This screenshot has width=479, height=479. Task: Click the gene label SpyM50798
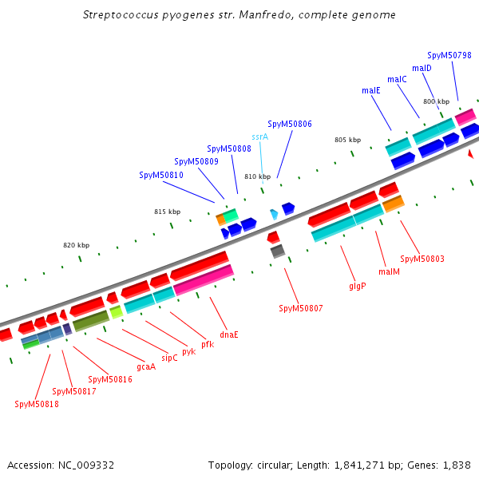click(x=449, y=56)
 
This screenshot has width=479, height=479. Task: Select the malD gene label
click(x=422, y=68)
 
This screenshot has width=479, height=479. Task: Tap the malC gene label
click(x=397, y=79)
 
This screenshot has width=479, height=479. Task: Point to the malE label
click(x=371, y=91)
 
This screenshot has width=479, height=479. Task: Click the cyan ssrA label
click(x=260, y=137)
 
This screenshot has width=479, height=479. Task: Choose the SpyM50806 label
click(x=290, y=125)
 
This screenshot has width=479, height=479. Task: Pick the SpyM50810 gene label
click(x=161, y=175)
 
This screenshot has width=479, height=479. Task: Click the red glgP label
click(x=357, y=285)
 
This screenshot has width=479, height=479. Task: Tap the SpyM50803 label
click(x=422, y=259)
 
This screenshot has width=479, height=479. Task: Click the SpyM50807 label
click(x=300, y=308)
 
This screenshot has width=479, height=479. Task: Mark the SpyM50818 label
click(x=37, y=404)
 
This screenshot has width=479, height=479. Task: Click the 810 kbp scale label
click(x=257, y=176)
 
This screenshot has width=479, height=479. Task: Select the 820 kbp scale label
click(x=77, y=245)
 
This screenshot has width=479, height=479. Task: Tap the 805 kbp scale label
click(x=347, y=140)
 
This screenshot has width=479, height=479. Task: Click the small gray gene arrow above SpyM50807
click(x=277, y=251)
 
